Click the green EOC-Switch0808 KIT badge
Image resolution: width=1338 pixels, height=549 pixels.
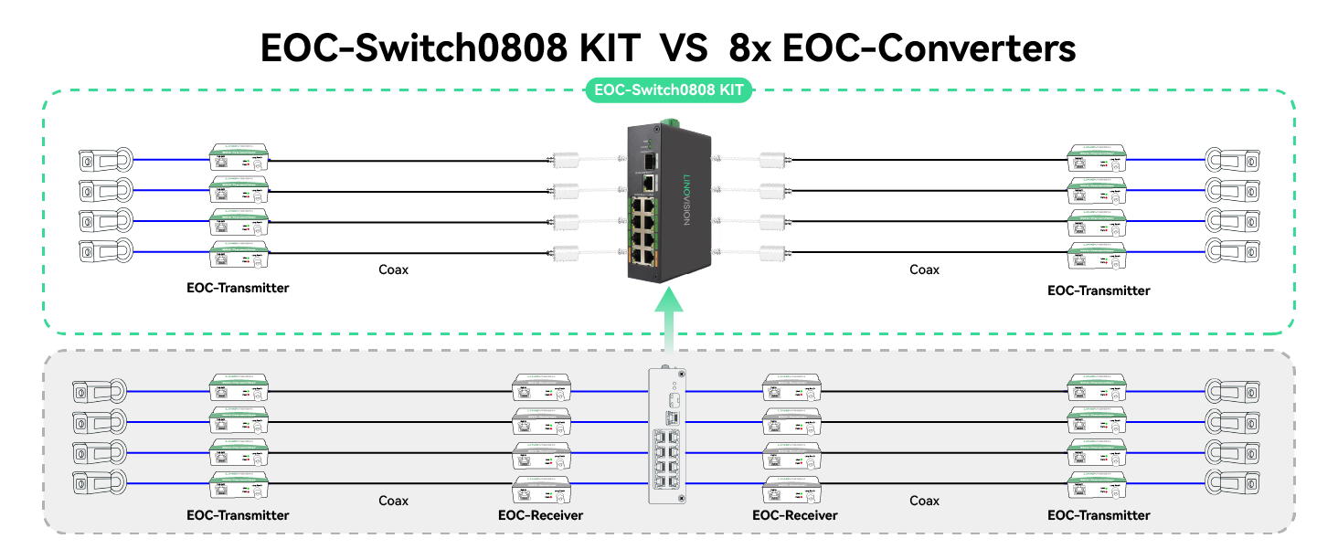[668, 90]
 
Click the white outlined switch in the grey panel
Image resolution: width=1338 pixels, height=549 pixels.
[668, 435]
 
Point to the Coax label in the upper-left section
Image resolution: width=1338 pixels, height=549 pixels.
[393, 269]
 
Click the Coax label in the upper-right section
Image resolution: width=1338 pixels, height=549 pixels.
[924, 269]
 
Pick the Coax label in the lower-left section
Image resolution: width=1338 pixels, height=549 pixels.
[393, 501]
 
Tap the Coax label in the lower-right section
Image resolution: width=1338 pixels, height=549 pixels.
[924, 501]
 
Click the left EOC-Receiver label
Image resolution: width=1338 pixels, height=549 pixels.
[540, 515]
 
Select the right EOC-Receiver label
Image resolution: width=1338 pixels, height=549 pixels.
[794, 515]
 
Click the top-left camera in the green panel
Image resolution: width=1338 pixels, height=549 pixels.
[103, 160]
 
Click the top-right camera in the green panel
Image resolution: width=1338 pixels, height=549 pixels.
[1233, 160]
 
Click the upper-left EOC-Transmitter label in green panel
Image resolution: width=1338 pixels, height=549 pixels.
[238, 288]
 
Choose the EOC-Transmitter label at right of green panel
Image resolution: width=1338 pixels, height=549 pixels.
[1099, 290]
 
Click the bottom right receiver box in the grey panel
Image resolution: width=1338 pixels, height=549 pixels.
[791, 490]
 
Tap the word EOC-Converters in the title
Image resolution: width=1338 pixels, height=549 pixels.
[929, 48]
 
